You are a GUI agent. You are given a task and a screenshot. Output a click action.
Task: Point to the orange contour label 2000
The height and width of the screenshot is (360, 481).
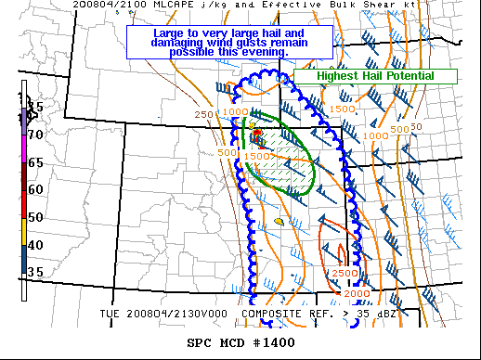pyautogui.click(x=357, y=292)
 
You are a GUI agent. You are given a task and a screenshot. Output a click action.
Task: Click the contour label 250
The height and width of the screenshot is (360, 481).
pyautogui.click(x=205, y=114)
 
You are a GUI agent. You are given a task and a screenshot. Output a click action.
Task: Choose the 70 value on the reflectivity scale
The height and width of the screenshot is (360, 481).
pyautogui.click(x=34, y=135)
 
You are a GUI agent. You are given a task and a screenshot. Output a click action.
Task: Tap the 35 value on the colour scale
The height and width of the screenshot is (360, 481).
pyautogui.click(x=34, y=273)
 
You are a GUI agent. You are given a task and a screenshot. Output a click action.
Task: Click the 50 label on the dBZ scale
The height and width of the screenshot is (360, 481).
pyautogui.click(x=34, y=217)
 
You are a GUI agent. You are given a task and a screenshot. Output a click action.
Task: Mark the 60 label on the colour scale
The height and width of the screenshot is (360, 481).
pyautogui.click(x=34, y=189)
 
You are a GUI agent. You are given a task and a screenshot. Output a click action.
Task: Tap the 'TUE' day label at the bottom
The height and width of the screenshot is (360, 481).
pyautogui.click(x=111, y=313)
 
